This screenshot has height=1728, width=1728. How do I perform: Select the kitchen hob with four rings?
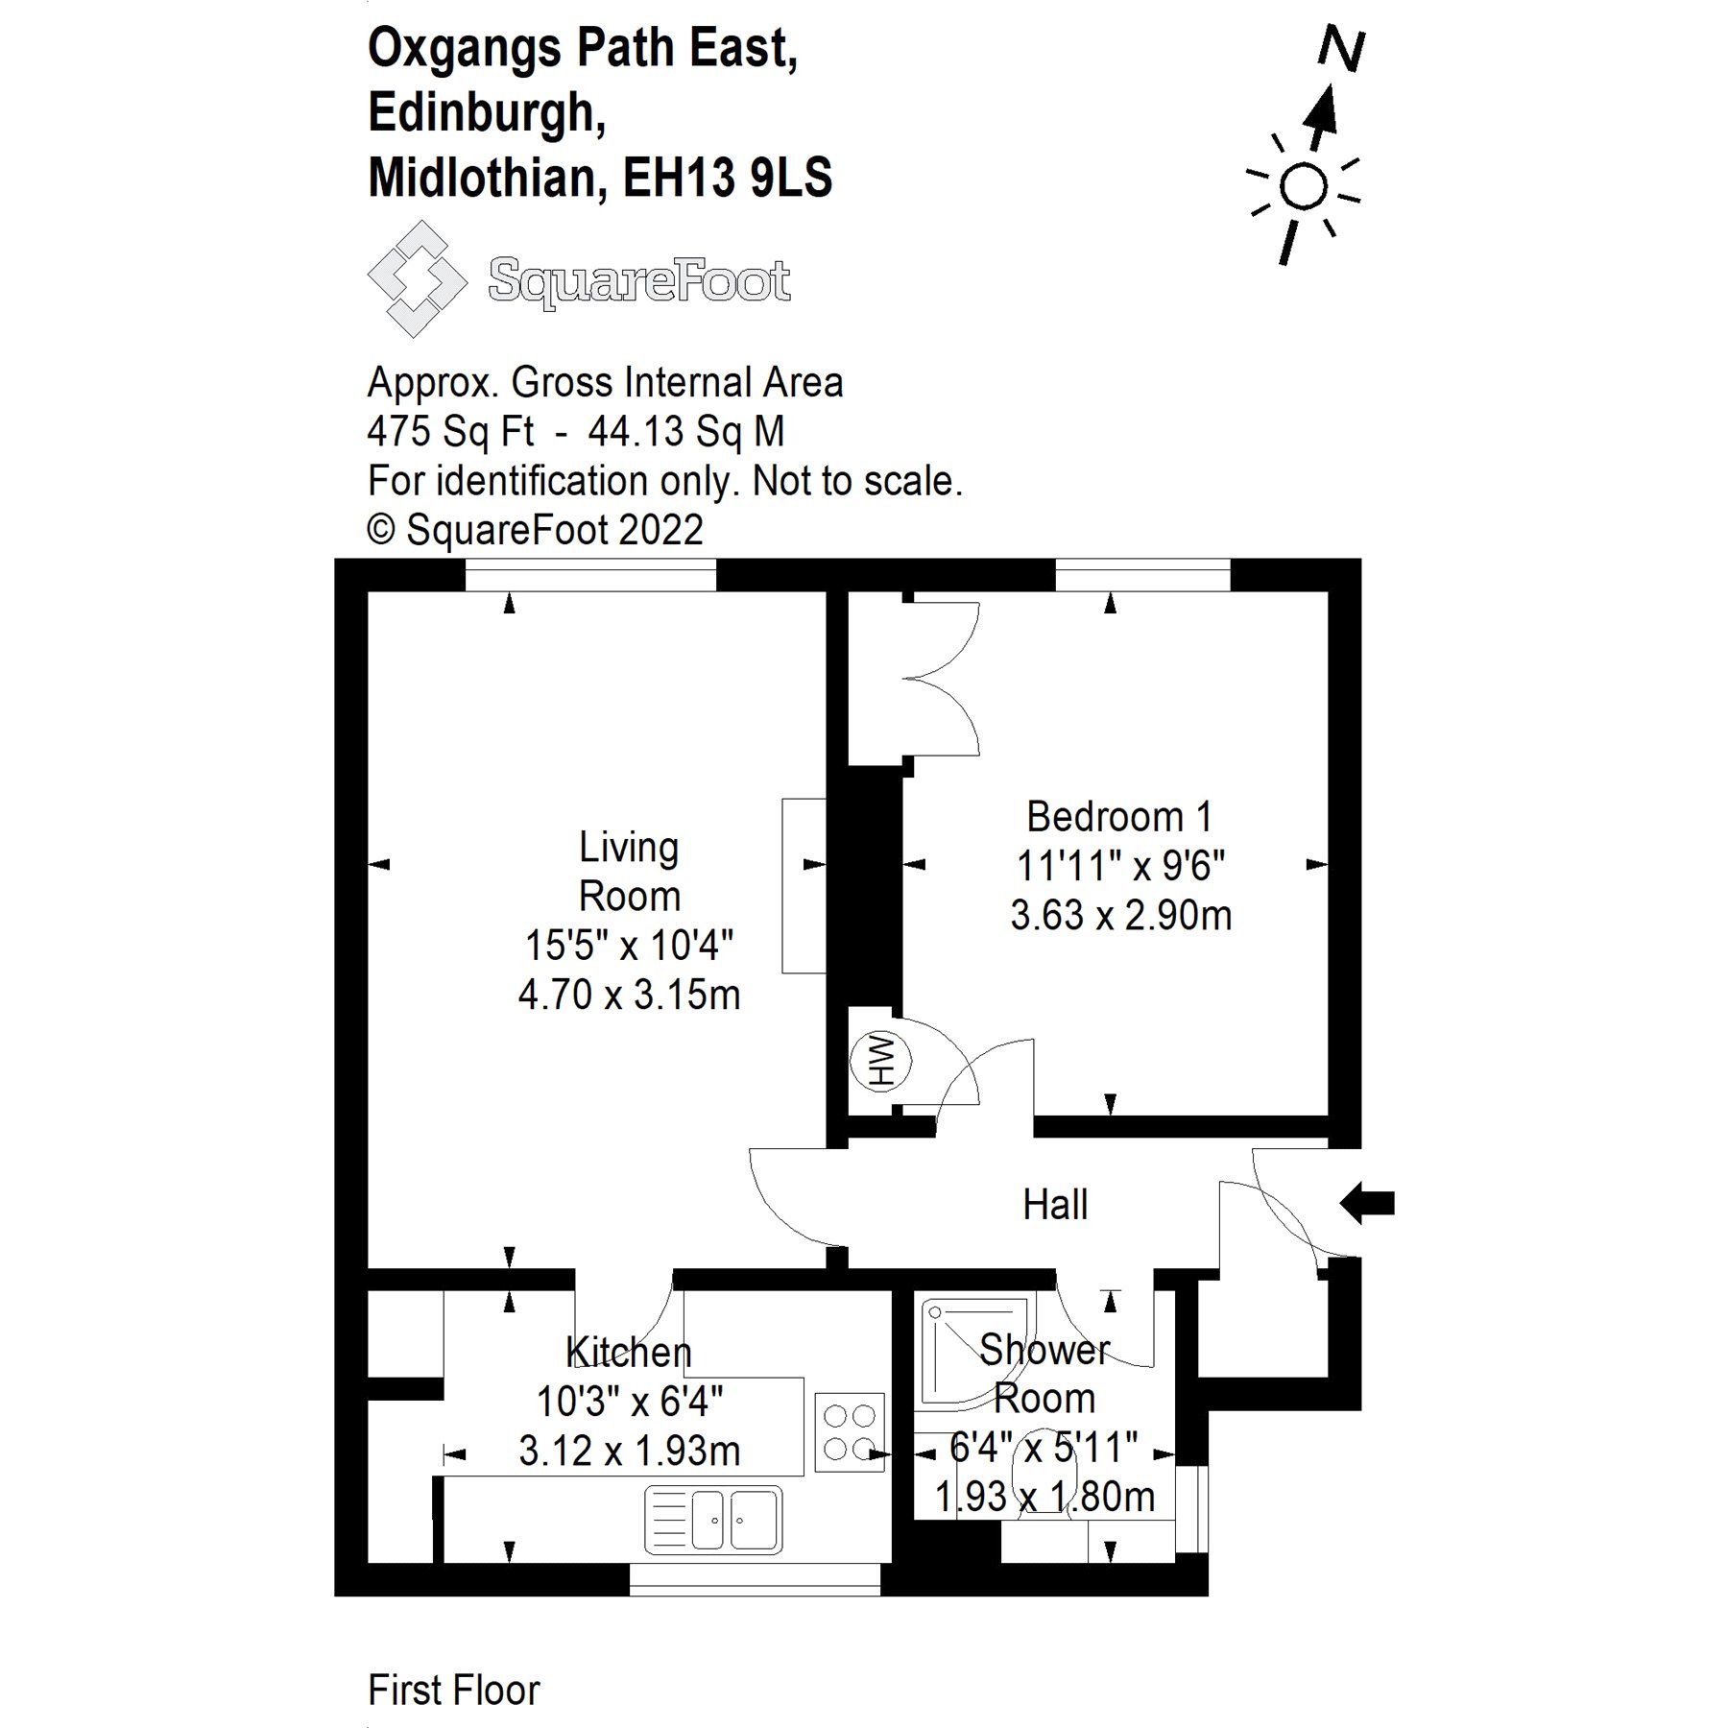[850, 1431]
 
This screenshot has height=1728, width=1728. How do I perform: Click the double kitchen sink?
[713, 1520]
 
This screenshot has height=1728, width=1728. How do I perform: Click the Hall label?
[1055, 1205]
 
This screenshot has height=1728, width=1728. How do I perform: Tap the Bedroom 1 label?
[1119, 817]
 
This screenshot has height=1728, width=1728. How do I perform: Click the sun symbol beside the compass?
[1303, 186]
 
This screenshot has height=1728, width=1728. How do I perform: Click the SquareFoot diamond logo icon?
[417, 278]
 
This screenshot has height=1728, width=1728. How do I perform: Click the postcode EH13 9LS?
[728, 178]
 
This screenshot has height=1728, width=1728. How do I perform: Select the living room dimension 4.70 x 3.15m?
[629, 995]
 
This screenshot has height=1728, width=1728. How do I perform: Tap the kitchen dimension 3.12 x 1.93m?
[629, 1451]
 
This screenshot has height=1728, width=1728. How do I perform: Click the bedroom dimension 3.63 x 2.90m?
[1120, 915]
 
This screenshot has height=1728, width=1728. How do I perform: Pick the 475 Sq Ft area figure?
[450, 432]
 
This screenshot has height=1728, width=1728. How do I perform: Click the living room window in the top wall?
[590, 575]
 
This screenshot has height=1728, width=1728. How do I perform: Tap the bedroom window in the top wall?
[1142, 575]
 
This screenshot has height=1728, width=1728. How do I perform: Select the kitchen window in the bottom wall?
[755, 1579]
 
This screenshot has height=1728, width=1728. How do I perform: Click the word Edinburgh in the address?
[487, 113]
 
